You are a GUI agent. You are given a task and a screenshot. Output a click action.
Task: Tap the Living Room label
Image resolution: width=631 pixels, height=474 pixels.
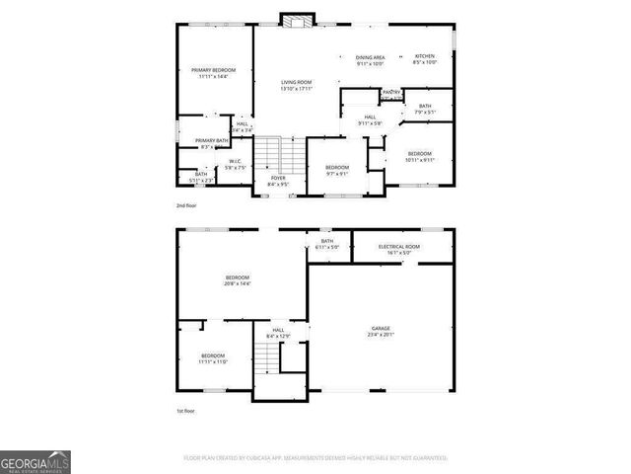(x=296, y=82)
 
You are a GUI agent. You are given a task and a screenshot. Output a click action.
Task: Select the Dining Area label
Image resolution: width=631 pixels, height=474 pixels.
(x=370, y=57)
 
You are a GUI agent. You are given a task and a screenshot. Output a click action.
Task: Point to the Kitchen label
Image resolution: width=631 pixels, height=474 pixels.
(x=425, y=56)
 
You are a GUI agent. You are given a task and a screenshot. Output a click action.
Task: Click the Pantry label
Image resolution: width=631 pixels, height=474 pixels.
(x=391, y=93)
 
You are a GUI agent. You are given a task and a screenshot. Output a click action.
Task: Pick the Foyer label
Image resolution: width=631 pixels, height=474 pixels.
(x=278, y=179)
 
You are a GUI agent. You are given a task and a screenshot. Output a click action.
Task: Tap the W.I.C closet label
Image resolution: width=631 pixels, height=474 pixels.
(x=235, y=161)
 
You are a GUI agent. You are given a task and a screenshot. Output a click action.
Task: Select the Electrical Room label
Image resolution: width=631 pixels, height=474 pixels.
(x=399, y=246)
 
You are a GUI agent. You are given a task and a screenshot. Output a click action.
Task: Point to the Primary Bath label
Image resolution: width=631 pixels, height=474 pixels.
(x=211, y=141)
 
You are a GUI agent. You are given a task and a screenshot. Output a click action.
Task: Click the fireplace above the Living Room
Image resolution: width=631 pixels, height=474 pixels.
(x=295, y=19)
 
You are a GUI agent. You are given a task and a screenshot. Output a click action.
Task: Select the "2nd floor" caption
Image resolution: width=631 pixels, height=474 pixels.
(x=185, y=205)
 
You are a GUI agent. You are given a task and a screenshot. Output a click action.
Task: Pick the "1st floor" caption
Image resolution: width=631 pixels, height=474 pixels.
(x=185, y=409)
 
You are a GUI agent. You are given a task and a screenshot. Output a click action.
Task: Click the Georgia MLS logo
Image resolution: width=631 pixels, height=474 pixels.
(x=35, y=462)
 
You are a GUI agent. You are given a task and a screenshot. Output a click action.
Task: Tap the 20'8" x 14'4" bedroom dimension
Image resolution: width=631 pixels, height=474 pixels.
(x=238, y=284)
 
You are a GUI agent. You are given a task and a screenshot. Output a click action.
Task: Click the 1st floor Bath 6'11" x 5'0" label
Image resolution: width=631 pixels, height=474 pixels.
(x=327, y=244)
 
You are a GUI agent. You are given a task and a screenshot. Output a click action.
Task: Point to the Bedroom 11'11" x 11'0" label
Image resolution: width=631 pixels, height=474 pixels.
(x=214, y=358)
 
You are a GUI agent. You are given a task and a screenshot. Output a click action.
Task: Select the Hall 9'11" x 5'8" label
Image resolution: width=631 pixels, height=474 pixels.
(x=370, y=119)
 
